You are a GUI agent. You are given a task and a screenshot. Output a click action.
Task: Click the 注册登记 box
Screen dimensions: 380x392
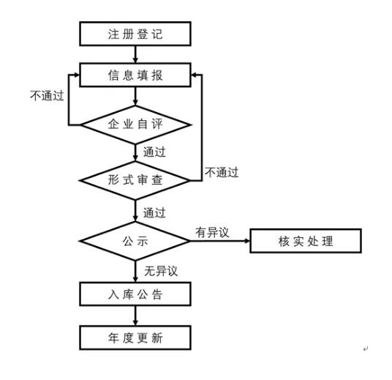click(135, 34)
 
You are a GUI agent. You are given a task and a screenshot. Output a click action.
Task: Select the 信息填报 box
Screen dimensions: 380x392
click(135, 74)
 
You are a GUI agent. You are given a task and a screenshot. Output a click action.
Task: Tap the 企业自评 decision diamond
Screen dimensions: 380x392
click(135, 125)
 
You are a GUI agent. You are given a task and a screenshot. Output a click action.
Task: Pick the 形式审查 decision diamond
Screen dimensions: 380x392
click(135, 178)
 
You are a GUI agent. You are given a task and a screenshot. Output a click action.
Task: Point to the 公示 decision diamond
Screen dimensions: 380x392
click(135, 240)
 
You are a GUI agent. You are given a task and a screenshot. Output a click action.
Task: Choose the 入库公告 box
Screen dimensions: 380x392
click(135, 294)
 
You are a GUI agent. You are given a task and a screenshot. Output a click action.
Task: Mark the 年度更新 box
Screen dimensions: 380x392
click(135, 338)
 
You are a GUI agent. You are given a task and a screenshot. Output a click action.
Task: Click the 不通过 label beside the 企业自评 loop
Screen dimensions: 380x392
click(48, 95)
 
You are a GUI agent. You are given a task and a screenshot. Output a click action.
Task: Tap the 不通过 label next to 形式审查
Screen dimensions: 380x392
click(222, 173)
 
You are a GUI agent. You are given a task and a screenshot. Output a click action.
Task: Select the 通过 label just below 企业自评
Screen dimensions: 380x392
click(154, 152)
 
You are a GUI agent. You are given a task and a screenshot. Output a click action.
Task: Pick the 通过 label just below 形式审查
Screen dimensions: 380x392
click(154, 213)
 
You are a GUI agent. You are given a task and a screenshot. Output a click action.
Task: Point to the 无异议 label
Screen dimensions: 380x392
click(161, 271)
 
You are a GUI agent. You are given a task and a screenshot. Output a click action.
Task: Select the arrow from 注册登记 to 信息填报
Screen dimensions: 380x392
click(135, 54)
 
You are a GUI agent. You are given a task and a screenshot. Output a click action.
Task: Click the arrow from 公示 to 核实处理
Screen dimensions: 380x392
click(219, 240)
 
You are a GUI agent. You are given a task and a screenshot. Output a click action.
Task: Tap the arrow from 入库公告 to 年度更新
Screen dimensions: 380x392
click(135, 316)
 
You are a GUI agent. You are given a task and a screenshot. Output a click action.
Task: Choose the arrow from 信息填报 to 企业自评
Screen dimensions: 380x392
click(135, 95)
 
